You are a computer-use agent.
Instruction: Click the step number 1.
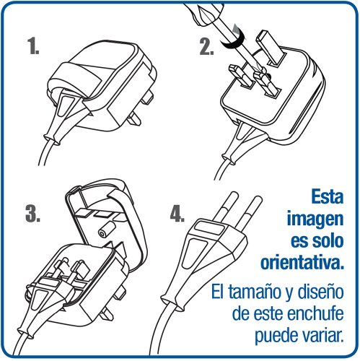point(33,46)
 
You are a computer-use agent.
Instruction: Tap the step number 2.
point(206,47)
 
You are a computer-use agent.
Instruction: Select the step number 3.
point(32,213)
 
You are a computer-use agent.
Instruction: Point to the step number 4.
point(177,214)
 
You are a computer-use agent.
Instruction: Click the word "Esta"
point(327,197)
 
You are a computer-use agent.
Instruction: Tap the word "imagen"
point(315,219)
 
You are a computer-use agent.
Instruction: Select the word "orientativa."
point(302,262)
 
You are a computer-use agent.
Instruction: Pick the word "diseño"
point(320,292)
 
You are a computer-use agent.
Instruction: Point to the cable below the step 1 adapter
point(46,152)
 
